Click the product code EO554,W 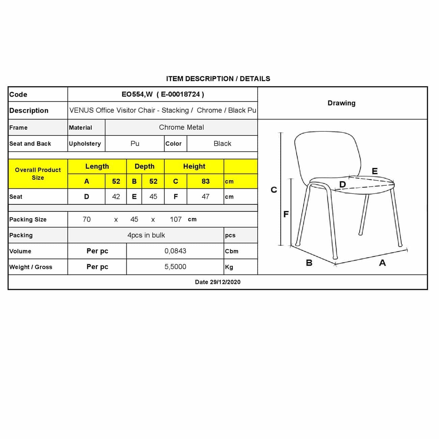(137, 95)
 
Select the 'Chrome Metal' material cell (181, 127)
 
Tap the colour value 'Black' (222, 144)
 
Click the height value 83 (205, 181)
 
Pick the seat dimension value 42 (116, 197)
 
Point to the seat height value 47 (205, 197)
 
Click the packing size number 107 (176, 219)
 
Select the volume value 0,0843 (175, 251)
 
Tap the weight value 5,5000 (175, 267)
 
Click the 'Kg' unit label (229, 267)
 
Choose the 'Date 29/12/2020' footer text (218, 282)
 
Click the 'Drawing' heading (341, 103)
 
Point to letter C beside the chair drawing (274, 190)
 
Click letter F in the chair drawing (286, 214)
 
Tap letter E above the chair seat (375, 171)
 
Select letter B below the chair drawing (309, 263)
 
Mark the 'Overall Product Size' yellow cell (38, 174)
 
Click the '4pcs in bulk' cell (146, 235)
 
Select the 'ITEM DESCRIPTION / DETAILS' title (218, 79)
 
